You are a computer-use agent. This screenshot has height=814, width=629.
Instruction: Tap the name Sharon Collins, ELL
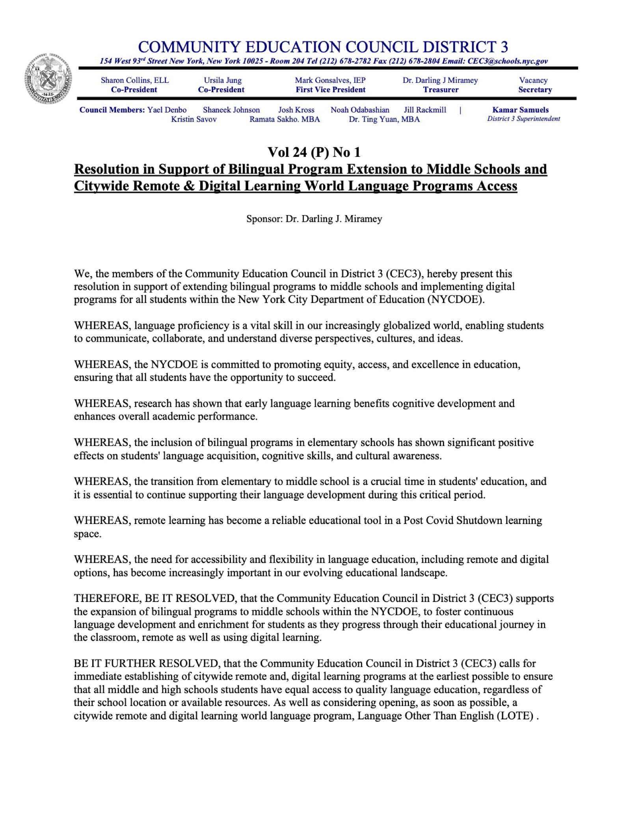(135, 80)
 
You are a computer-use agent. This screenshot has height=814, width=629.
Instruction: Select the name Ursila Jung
(223, 80)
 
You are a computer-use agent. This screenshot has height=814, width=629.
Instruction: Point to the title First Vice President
(331, 90)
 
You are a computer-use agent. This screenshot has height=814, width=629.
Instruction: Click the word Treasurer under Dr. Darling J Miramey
(441, 90)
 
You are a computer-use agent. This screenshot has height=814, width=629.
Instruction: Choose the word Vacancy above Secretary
(533, 80)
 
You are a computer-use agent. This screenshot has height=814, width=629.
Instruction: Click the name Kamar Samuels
(520, 110)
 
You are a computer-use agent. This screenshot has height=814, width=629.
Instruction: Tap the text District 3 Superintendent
(523, 119)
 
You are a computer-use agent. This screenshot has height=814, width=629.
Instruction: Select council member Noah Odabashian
(360, 110)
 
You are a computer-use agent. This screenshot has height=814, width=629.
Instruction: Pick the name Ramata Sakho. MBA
(285, 119)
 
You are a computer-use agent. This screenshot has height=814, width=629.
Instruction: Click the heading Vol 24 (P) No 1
(314, 152)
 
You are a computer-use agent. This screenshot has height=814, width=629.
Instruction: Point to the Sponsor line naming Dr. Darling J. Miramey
(314, 219)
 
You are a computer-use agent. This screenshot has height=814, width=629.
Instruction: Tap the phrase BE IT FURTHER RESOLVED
(146, 663)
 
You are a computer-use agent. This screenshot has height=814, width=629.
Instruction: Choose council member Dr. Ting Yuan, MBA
(384, 119)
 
